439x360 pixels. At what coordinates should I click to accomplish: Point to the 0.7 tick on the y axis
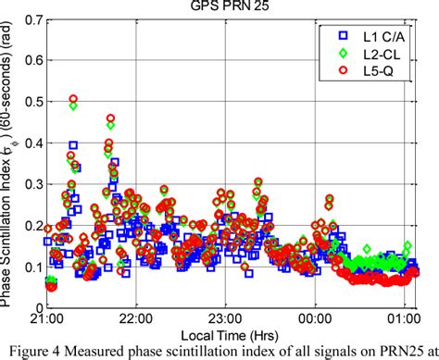tap(31, 19)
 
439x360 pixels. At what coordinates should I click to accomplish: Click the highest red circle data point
tap(73, 99)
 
